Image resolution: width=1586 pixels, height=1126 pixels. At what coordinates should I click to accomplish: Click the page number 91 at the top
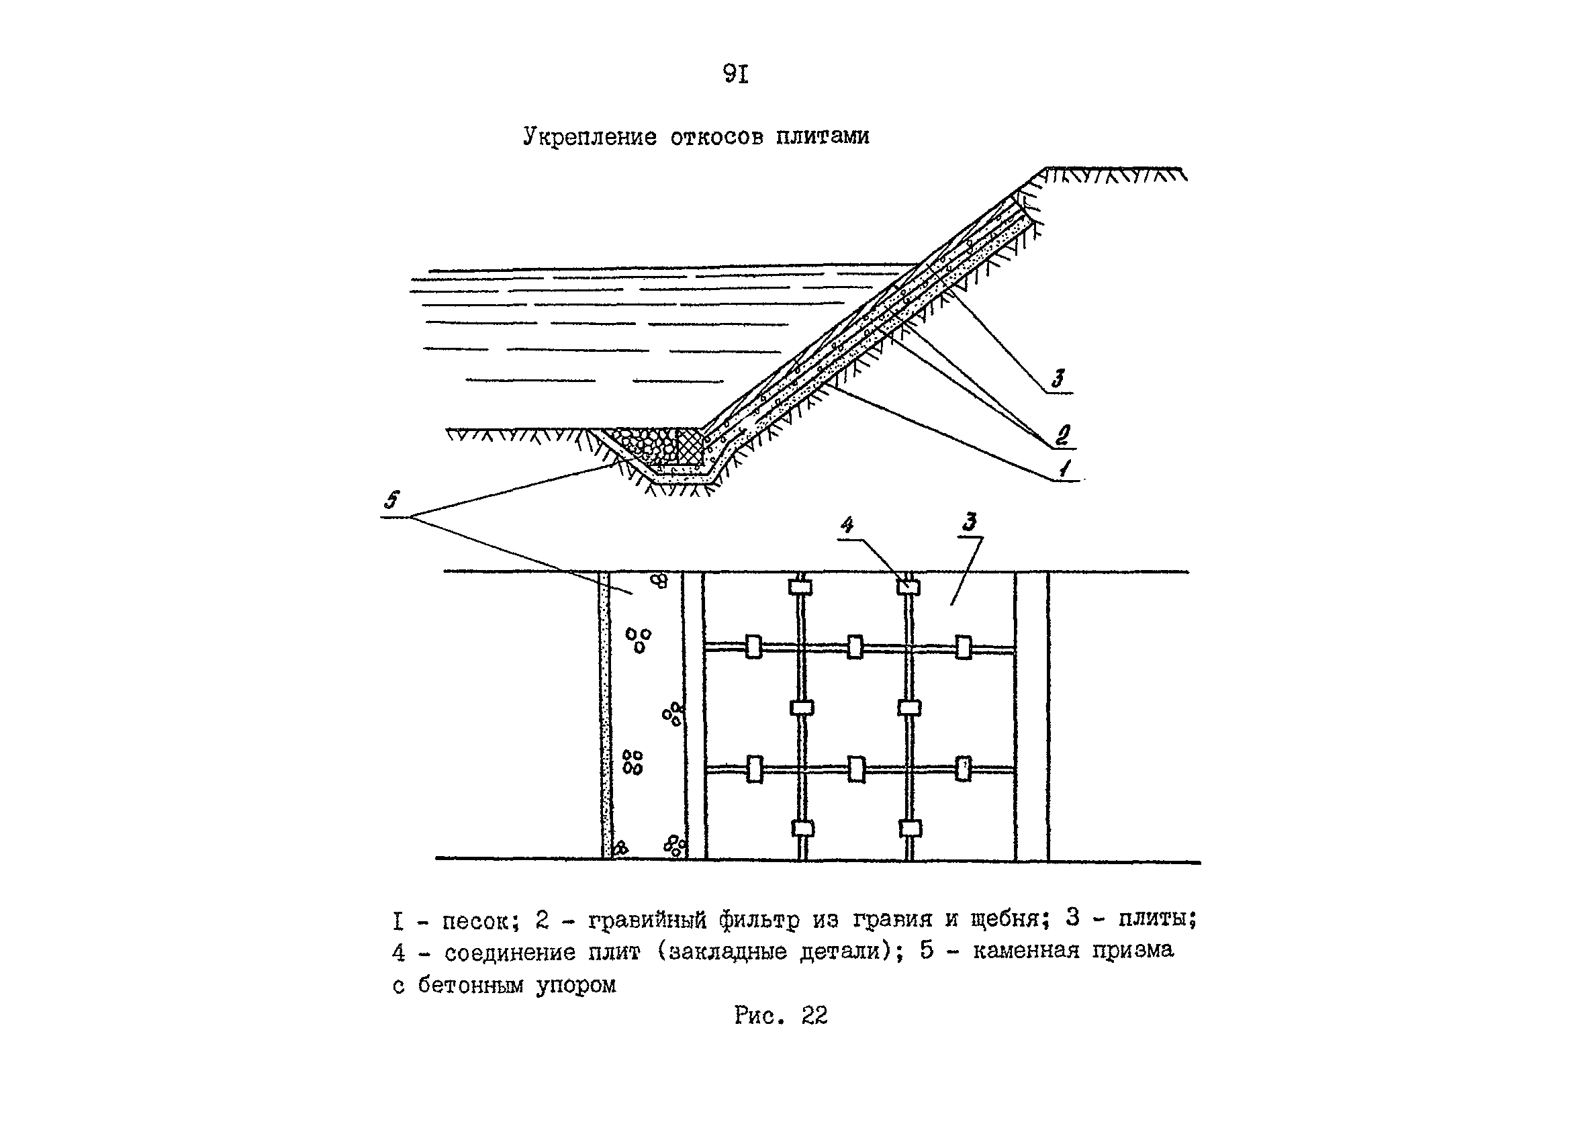(x=735, y=73)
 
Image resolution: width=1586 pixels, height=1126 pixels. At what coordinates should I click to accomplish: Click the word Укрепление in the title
(x=589, y=136)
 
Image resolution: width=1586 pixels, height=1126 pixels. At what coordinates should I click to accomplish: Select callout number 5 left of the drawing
(x=393, y=500)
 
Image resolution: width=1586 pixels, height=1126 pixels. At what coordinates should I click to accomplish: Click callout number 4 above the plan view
(x=847, y=525)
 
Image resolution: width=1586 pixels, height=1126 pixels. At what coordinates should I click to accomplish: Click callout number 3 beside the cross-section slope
(x=1058, y=379)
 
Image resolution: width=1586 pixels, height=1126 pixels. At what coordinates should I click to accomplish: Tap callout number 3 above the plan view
(x=970, y=522)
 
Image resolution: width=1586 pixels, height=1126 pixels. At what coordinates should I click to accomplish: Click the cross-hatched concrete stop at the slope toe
(x=690, y=446)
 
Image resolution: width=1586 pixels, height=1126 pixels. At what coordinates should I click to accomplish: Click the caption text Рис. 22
(x=780, y=1016)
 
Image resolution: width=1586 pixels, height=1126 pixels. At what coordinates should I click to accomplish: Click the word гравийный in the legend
(x=648, y=921)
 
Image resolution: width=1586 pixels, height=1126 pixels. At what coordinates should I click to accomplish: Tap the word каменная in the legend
(x=1026, y=950)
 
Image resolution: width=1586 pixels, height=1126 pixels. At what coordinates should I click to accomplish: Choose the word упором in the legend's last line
(x=576, y=986)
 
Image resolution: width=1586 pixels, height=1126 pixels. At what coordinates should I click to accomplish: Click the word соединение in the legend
(x=510, y=953)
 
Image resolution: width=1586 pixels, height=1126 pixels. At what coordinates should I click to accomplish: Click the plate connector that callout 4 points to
(x=908, y=588)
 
